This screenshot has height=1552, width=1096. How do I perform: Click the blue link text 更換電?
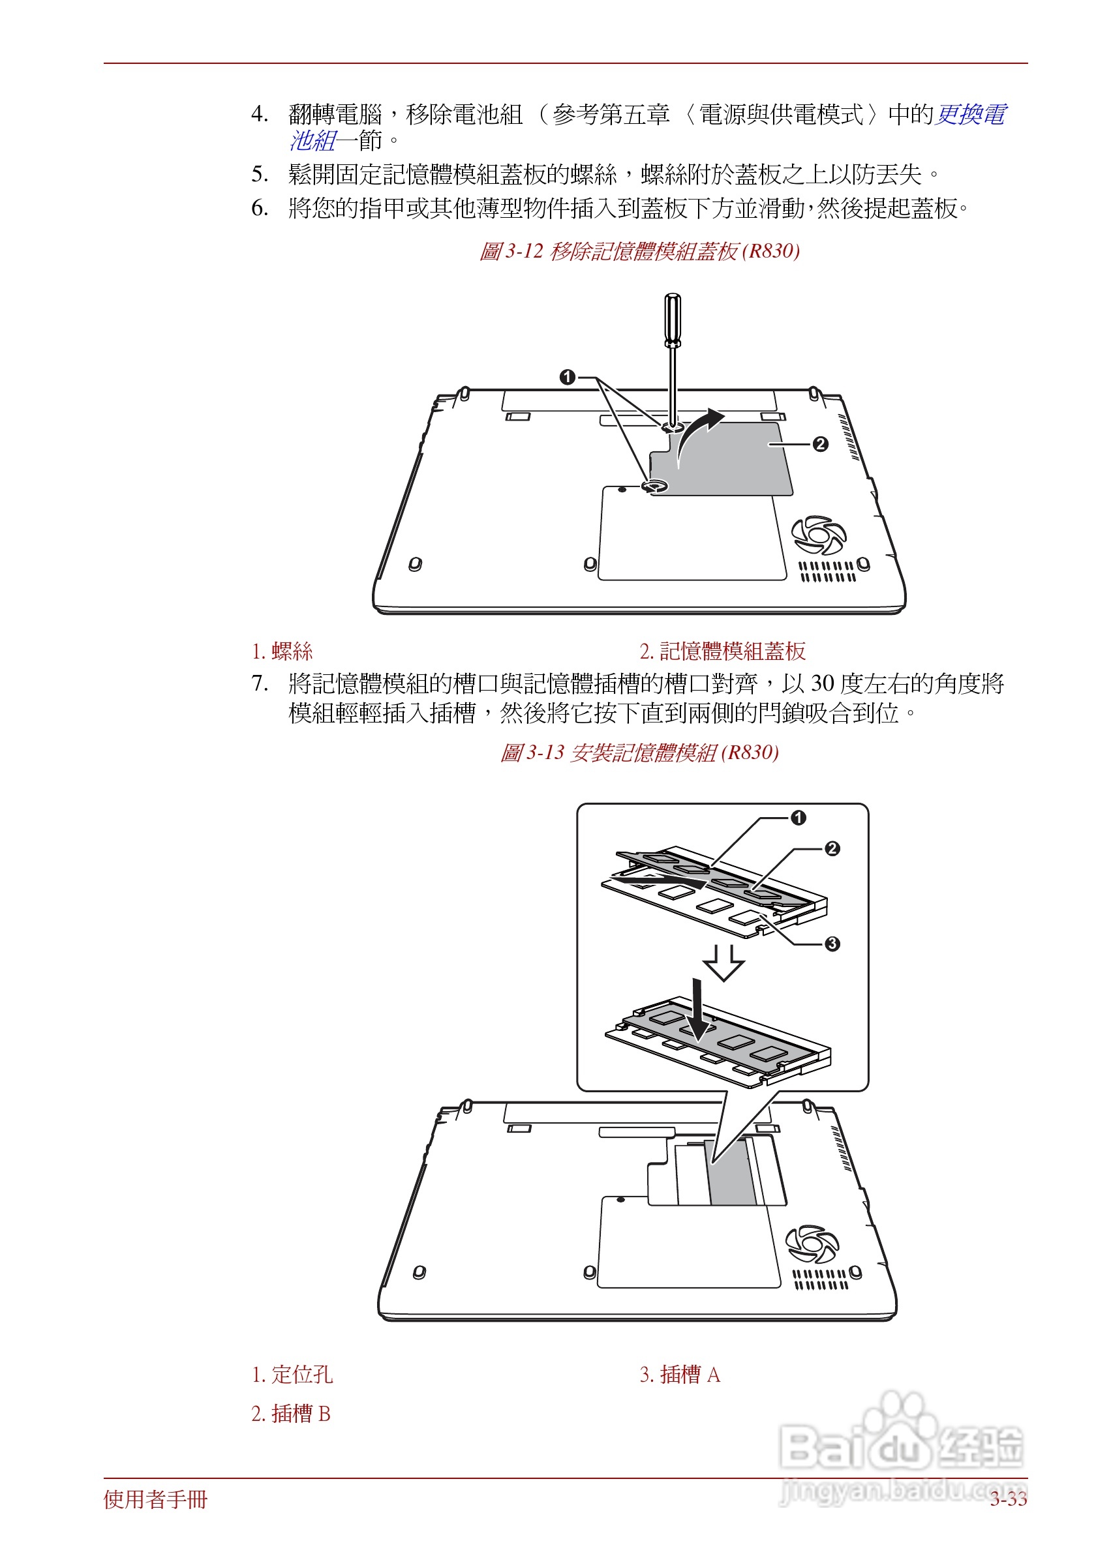pyautogui.click(x=971, y=114)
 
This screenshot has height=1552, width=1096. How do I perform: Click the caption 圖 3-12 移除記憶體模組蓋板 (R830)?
pyautogui.click(x=639, y=252)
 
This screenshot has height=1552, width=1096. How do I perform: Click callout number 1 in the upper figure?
pyautogui.click(x=568, y=376)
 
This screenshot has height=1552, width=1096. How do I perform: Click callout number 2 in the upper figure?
pyautogui.click(x=820, y=444)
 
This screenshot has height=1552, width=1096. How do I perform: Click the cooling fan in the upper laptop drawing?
pyautogui.click(x=819, y=535)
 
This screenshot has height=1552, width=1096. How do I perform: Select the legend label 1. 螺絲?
pyautogui.click(x=282, y=651)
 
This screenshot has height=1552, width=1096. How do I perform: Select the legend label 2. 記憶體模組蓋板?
pyautogui.click(x=722, y=651)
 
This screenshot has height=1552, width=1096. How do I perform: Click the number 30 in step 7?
pyautogui.click(x=822, y=683)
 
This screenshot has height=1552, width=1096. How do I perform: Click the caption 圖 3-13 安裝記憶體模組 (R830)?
pyautogui.click(x=639, y=753)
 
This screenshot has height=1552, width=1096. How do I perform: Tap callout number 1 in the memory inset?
pyautogui.click(x=798, y=818)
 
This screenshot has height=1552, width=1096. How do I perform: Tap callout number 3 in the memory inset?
pyautogui.click(x=832, y=944)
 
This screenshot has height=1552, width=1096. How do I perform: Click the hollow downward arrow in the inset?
pyautogui.click(x=723, y=963)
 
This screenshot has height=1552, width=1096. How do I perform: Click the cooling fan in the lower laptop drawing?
pyautogui.click(x=812, y=1244)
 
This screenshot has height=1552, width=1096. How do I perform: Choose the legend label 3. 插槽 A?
pyautogui.click(x=680, y=1375)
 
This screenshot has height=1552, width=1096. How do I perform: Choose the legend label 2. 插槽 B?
pyautogui.click(x=291, y=1414)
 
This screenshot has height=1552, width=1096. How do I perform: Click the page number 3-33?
pyautogui.click(x=1008, y=1499)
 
